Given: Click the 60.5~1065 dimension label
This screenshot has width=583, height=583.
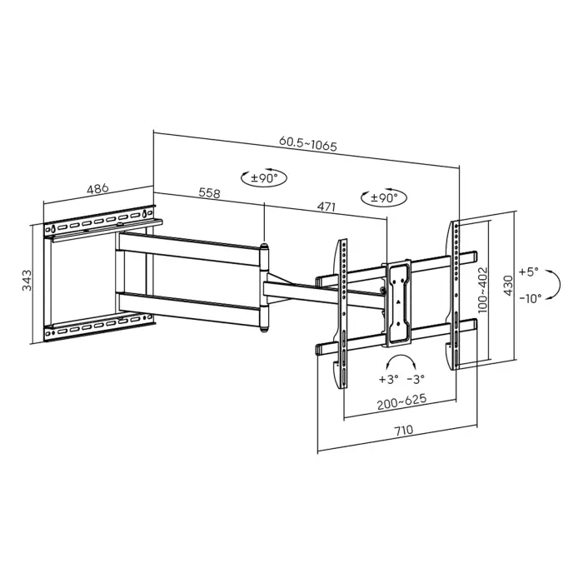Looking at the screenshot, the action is tap(308, 144).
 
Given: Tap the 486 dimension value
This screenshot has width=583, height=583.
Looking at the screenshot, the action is tap(97, 189).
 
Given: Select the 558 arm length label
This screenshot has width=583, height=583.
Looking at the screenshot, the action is tap(210, 193).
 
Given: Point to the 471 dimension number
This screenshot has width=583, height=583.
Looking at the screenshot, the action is tap(326, 207).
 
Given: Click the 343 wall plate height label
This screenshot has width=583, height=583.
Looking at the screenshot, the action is tap(27, 281).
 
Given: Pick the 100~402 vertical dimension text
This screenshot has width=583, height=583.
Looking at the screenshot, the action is tap(482, 290).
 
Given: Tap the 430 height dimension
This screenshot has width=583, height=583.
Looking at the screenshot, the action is tap(508, 286).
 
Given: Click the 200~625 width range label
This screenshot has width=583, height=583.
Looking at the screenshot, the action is tap(402, 402).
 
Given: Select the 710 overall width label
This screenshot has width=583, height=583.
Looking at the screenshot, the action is tap(403, 431).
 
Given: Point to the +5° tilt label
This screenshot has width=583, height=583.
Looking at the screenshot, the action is tap(528, 272).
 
